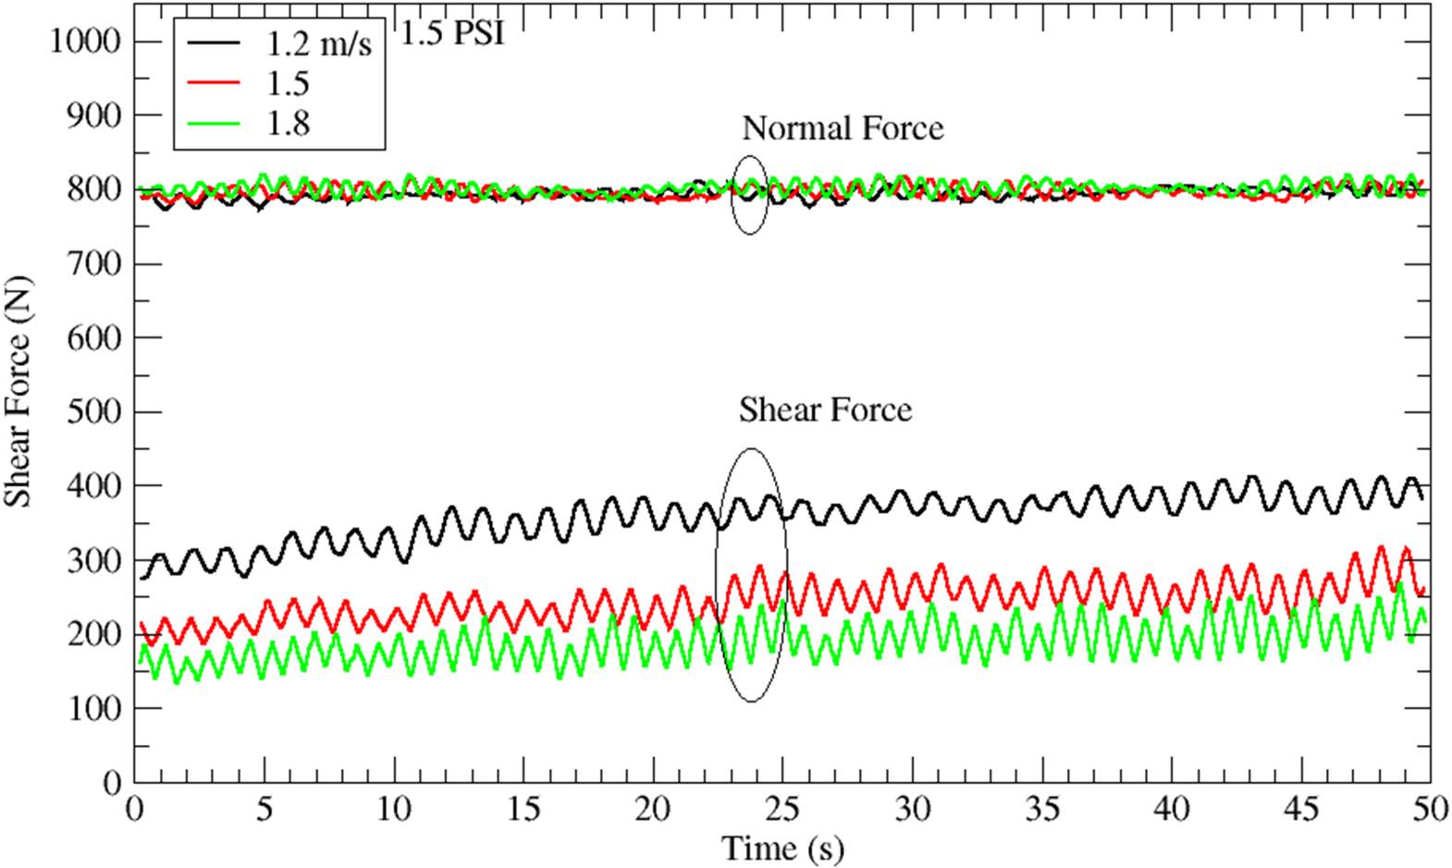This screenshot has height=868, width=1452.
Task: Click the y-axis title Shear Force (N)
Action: pyautogui.click(x=18, y=391)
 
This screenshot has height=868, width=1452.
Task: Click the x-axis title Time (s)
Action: pyautogui.click(x=782, y=848)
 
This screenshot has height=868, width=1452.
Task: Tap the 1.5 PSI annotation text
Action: pyautogui.click(x=452, y=34)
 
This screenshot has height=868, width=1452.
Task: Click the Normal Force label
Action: pyautogui.click(x=843, y=128)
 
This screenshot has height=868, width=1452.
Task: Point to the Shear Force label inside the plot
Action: pyautogui.click(x=825, y=410)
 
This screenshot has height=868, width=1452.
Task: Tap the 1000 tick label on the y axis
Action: pyautogui.click(x=85, y=41)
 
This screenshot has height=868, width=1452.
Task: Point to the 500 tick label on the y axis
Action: pyautogui.click(x=93, y=411)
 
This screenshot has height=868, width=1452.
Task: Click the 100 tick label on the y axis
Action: pyautogui.click(x=93, y=708)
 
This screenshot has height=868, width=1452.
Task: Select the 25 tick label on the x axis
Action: pyautogui.click(x=782, y=810)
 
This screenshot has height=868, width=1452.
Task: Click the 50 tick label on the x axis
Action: pyautogui.click(x=1430, y=810)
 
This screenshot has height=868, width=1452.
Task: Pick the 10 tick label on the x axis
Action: pyautogui.click(x=394, y=810)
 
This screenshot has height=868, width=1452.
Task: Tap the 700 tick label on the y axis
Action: pyautogui.click(x=93, y=263)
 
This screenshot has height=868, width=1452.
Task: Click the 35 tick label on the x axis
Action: pyautogui.click(x=1042, y=810)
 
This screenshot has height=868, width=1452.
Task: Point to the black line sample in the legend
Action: pyautogui.click(x=214, y=43)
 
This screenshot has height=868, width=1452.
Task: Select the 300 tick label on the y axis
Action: pyautogui.click(x=93, y=560)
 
